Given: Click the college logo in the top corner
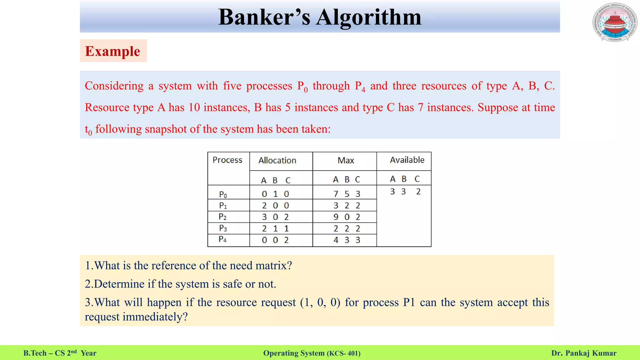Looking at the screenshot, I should (x=615, y=22).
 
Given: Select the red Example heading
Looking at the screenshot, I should (x=113, y=51).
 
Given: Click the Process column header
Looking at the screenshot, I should (x=227, y=160).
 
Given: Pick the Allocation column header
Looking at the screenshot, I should (x=277, y=160).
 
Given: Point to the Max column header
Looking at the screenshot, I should (x=346, y=160).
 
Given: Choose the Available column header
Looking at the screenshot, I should (x=407, y=160).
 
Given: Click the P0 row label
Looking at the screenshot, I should (x=223, y=194).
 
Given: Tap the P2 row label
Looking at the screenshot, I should (x=223, y=217).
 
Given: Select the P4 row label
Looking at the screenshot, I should (x=223, y=239).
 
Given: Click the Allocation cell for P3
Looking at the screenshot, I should (x=275, y=229).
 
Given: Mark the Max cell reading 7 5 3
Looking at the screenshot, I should (x=347, y=194).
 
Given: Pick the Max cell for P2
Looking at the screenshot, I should (x=347, y=217).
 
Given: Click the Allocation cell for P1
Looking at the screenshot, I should (x=275, y=206).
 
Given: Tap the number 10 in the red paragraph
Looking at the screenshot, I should (x=194, y=107).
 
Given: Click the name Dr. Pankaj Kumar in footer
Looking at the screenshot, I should (x=584, y=353).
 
